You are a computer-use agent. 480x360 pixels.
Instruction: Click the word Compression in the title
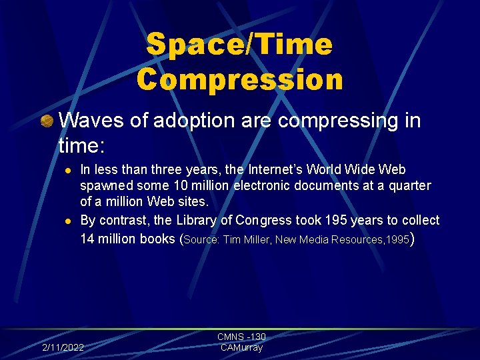pyautogui.click(x=240, y=79)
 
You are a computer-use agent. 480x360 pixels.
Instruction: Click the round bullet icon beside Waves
pyautogui.click(x=47, y=121)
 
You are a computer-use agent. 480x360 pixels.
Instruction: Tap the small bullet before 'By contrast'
pyautogui.click(x=67, y=221)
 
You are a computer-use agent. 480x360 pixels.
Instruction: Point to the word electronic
pyautogui.click(x=257, y=186)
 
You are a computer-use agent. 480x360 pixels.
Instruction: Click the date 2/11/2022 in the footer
pyautogui.click(x=63, y=347)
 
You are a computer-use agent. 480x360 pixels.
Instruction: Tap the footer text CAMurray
pyautogui.click(x=241, y=347)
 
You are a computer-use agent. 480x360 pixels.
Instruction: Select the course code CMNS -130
pyautogui.click(x=241, y=337)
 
